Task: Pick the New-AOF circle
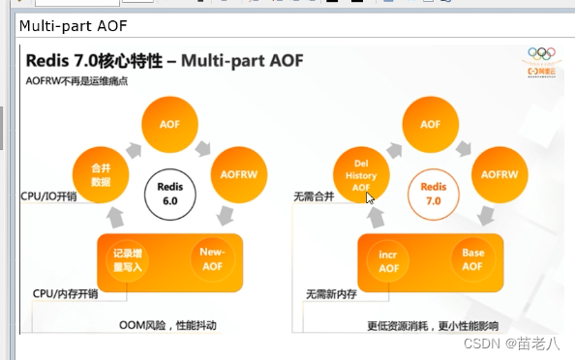(214, 259)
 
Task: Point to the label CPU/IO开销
(48, 195)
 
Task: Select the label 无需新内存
(332, 293)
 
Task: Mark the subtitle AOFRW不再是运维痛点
(77, 80)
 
